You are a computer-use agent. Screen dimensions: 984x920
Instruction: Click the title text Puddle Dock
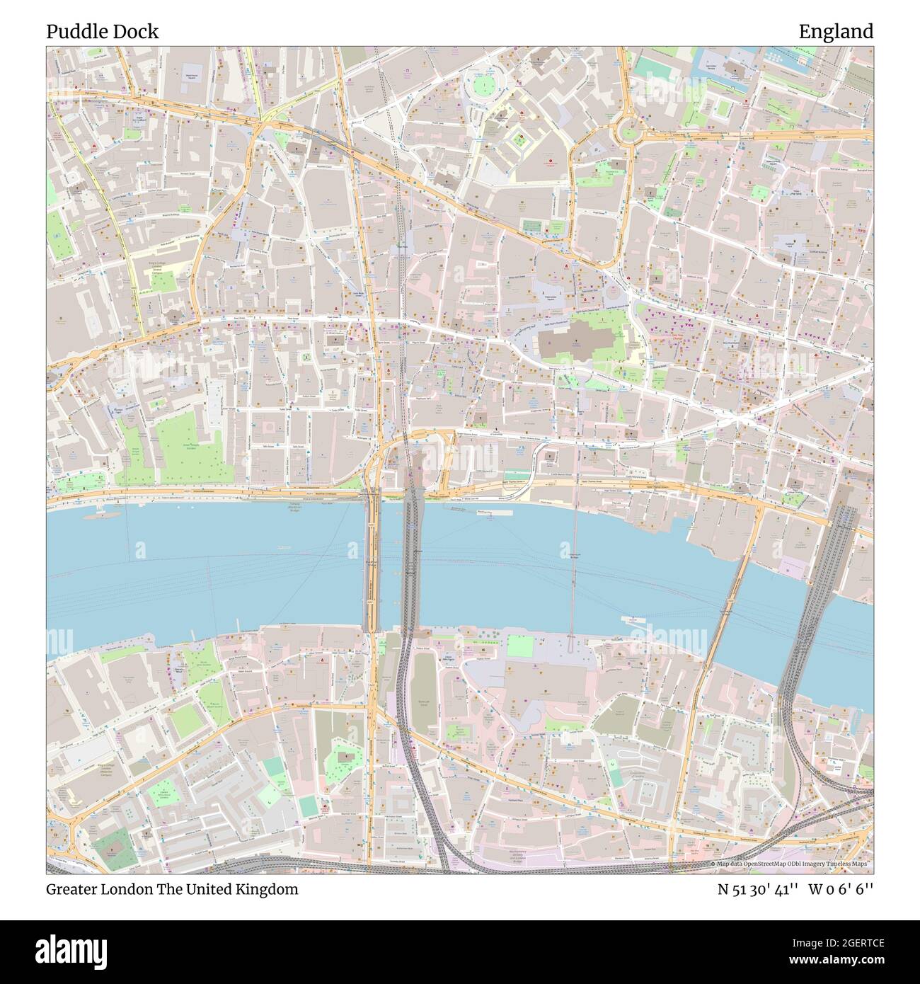(x=103, y=32)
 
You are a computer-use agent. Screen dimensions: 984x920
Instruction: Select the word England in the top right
(x=836, y=32)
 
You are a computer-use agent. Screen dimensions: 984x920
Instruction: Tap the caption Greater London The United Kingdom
(x=172, y=889)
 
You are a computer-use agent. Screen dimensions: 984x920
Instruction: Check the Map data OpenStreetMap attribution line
(x=790, y=864)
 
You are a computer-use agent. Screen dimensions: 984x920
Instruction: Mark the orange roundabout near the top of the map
(x=627, y=130)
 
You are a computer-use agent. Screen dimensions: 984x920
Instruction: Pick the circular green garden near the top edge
(x=484, y=86)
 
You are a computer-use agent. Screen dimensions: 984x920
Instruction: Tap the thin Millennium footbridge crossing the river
(x=574, y=566)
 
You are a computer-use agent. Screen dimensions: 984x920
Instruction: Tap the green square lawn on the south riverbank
(x=522, y=646)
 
